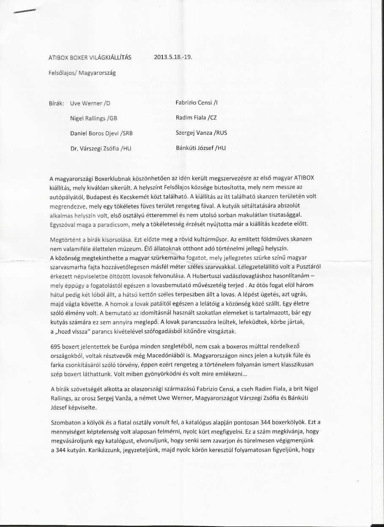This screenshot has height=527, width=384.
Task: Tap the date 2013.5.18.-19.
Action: click(173, 57)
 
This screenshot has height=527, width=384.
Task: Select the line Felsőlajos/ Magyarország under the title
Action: click(82, 72)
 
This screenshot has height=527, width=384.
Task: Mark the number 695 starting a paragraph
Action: click(55, 346)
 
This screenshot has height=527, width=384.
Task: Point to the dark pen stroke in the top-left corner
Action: click(24, 12)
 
